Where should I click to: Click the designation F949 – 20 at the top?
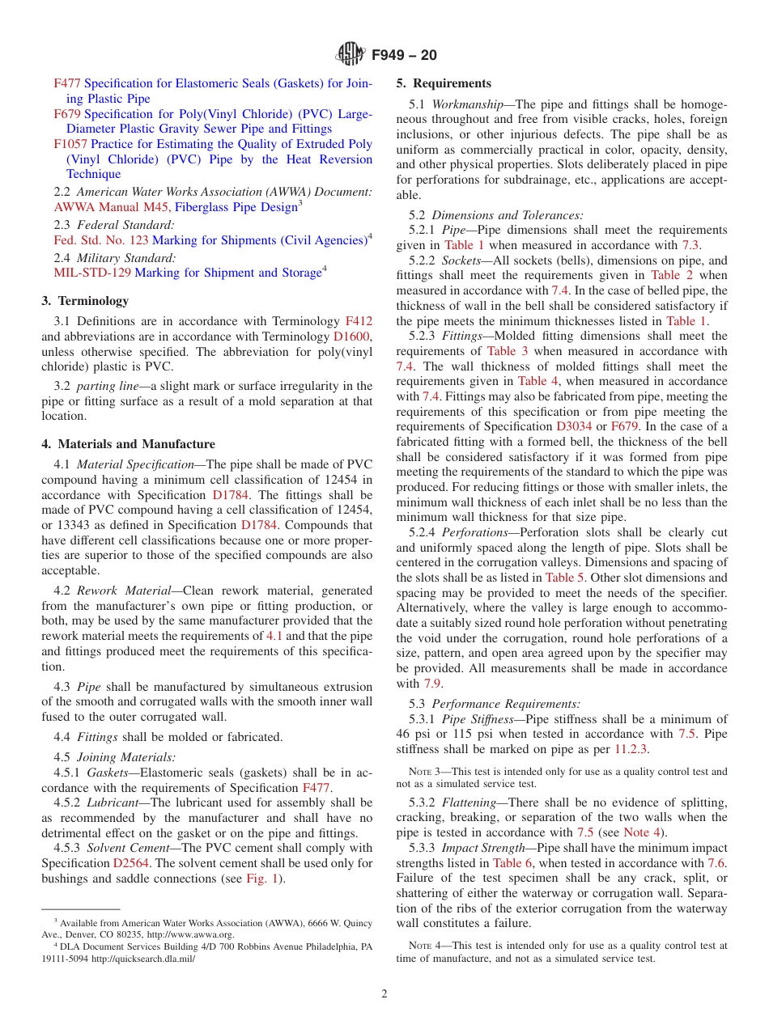(404, 55)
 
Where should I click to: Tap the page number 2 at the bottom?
(384, 993)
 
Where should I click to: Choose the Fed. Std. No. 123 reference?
(101, 240)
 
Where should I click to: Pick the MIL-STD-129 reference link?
(92, 273)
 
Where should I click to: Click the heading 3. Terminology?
(85, 301)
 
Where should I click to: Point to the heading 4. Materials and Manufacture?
(128, 444)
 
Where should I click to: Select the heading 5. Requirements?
(444, 83)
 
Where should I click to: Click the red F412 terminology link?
(359, 322)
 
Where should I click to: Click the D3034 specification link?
(574, 426)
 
